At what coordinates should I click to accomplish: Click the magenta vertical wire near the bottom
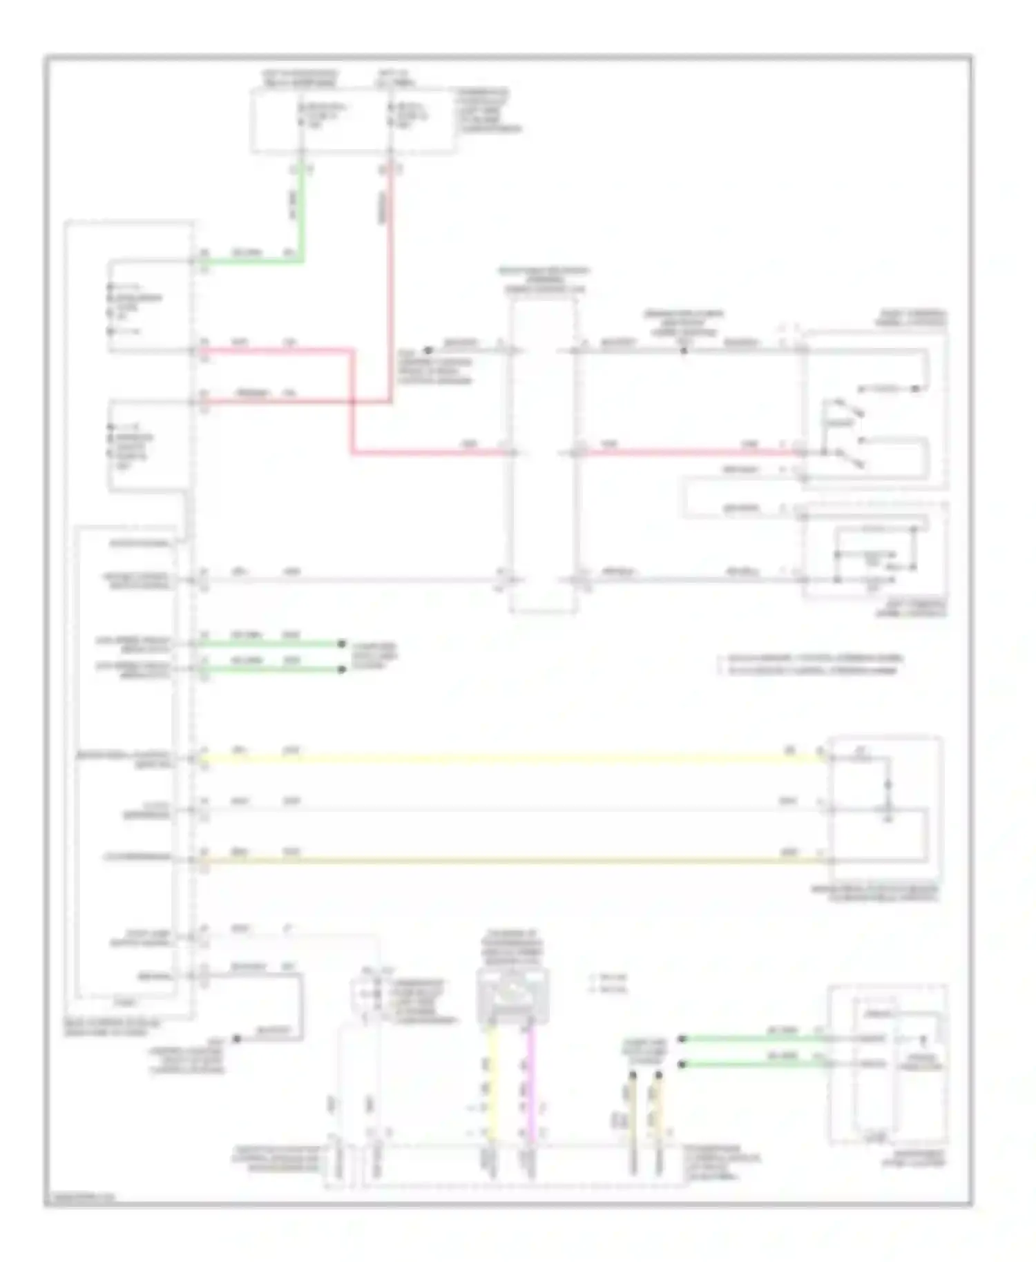point(531,1084)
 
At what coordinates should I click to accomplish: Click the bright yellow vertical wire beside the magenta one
point(490,1084)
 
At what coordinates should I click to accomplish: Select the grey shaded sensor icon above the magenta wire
point(512,995)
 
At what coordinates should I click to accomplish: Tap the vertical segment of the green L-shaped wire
point(301,214)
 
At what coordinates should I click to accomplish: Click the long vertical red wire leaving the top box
point(391,276)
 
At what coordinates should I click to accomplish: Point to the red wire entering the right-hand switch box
point(691,452)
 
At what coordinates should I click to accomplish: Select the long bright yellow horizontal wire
point(511,758)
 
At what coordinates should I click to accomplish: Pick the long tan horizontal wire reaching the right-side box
point(511,861)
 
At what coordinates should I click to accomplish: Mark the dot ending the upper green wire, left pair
point(341,644)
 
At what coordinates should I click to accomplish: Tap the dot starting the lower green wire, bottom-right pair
point(682,1065)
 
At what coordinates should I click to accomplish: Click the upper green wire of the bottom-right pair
point(753,1038)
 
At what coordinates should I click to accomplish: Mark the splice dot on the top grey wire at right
point(684,351)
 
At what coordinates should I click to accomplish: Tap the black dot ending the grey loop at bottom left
point(236,1038)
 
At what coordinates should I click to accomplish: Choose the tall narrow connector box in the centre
point(543,456)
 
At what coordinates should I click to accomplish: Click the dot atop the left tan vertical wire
point(631,1075)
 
